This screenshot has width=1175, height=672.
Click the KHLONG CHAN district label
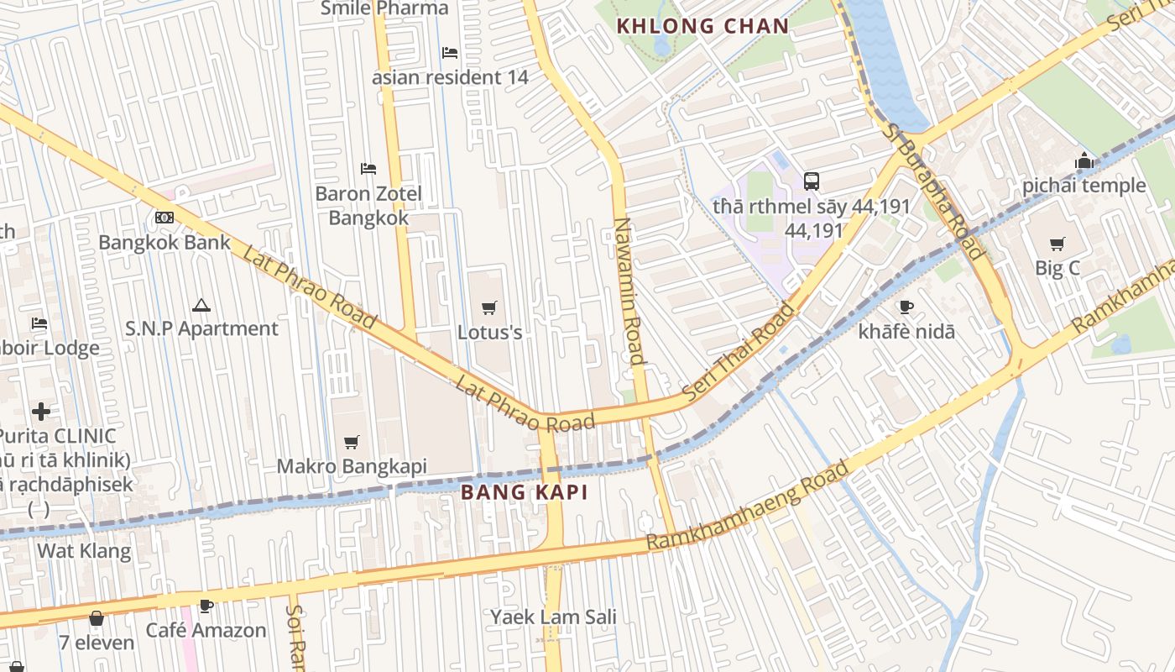coord(702,26)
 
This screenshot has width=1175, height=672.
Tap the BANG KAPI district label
coord(525,492)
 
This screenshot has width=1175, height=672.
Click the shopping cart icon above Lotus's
coord(489,308)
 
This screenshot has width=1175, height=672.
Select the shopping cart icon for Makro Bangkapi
coord(352,442)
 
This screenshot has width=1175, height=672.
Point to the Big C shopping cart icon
coord(1057,244)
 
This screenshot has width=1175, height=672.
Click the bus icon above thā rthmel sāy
coord(811,181)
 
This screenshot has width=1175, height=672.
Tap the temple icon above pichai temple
coord(1084,160)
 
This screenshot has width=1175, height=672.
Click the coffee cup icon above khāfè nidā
coord(906,307)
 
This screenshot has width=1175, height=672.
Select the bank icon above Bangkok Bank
coord(164,218)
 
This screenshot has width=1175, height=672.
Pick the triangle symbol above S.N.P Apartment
coord(201,305)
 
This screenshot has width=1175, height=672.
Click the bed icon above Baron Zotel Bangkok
coord(368,169)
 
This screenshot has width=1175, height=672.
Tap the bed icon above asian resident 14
coord(450,53)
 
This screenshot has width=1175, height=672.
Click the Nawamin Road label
coord(629,290)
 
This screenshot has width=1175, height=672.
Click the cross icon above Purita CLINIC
coord(40,412)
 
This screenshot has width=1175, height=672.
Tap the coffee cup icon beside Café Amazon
coord(206,606)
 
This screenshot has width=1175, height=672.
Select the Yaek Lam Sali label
coord(553,617)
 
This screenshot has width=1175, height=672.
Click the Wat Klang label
coord(84,551)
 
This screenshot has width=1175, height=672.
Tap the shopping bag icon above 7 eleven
coord(97,618)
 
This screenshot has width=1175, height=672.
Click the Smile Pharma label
coord(384,8)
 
